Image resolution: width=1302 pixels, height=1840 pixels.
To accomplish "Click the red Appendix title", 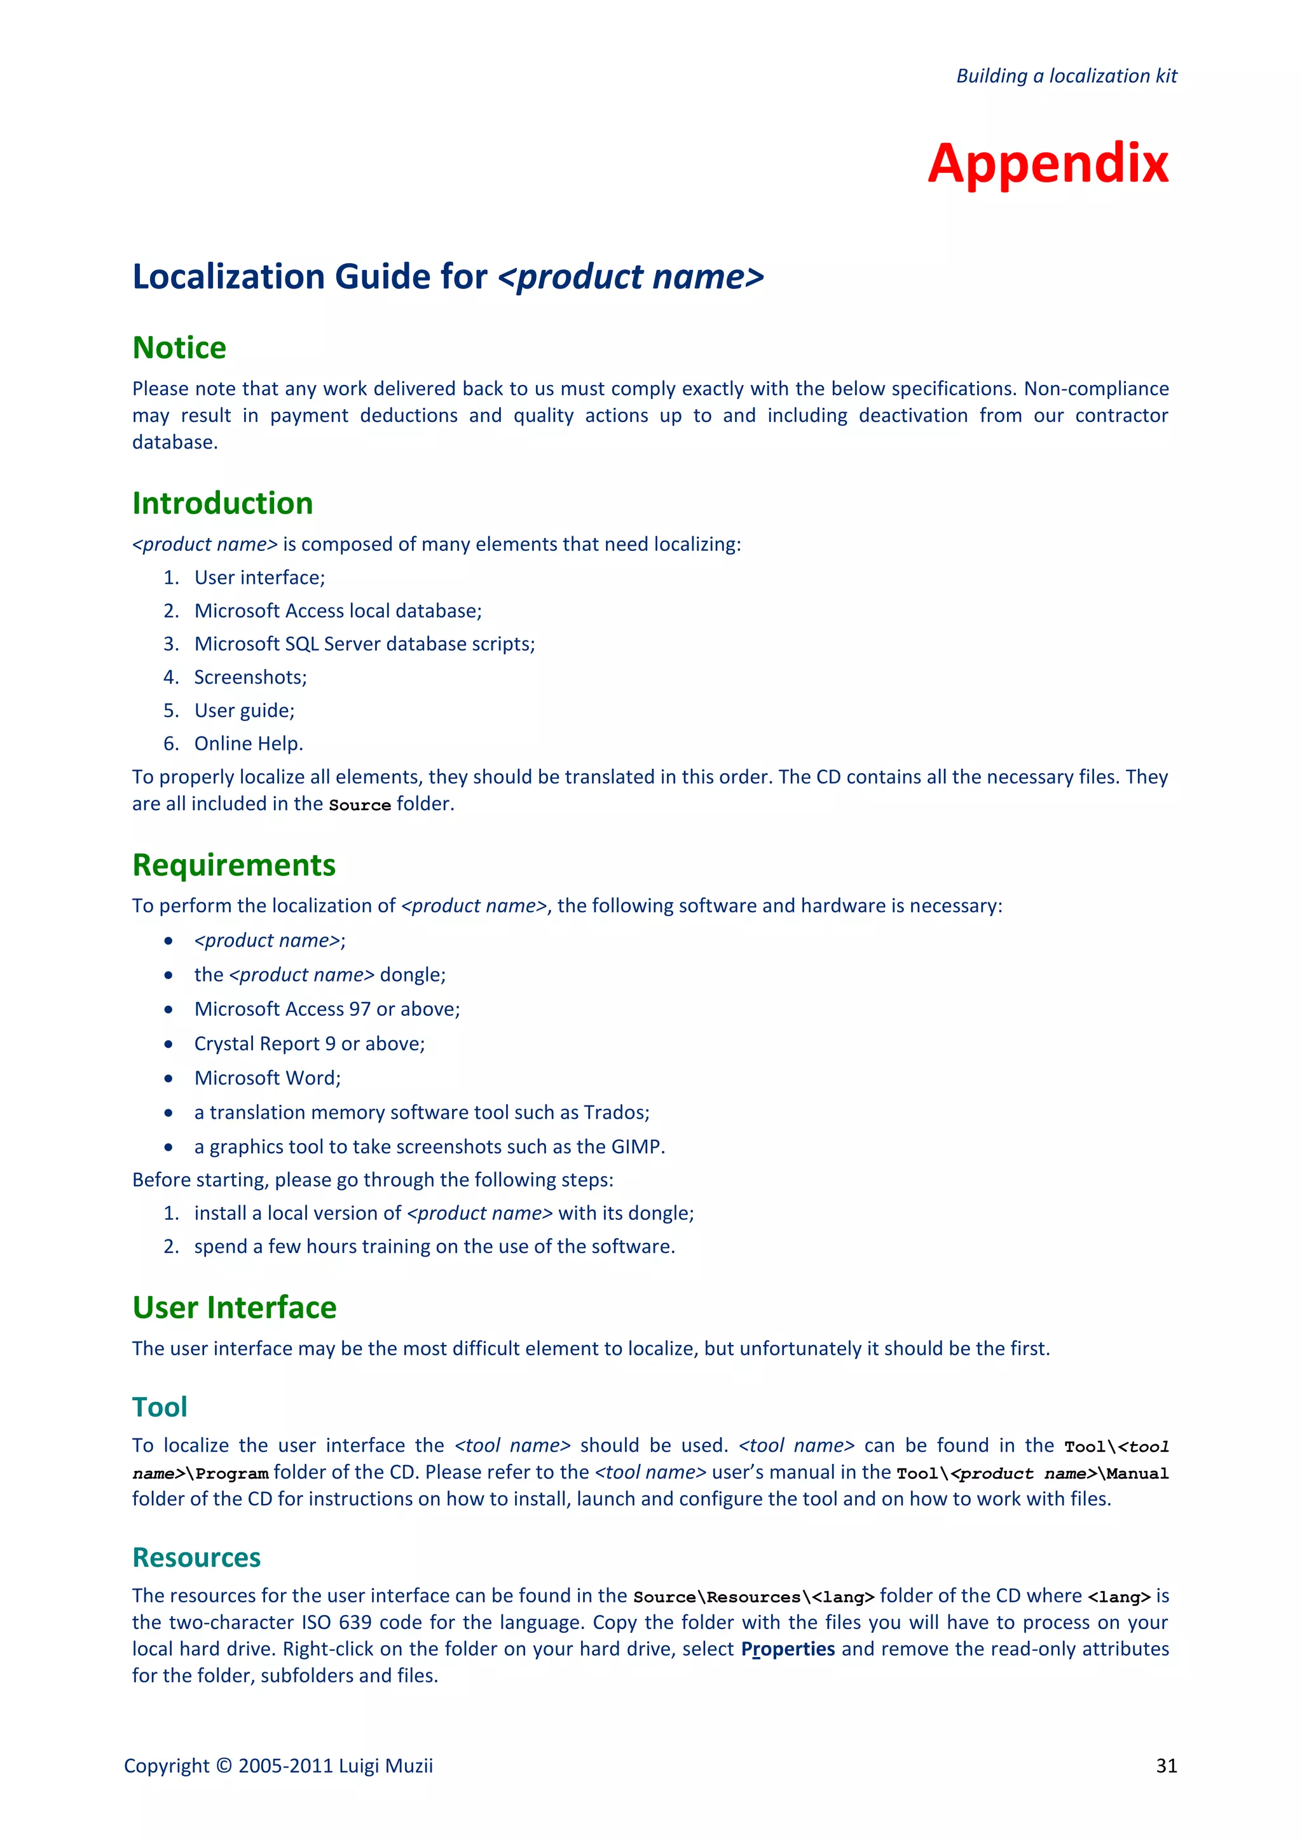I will [1048, 163].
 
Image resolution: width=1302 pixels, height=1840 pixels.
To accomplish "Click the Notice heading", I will [179, 348].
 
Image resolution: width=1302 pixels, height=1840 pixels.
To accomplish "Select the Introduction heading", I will [222, 503].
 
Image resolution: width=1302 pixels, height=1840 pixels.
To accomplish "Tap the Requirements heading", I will [233, 865].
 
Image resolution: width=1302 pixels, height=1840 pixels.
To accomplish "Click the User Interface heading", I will [234, 1308].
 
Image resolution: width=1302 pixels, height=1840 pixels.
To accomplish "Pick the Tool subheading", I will [160, 1407].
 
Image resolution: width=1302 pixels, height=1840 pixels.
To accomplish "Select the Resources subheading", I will [196, 1557].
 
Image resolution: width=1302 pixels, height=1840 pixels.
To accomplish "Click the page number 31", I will [1167, 1766].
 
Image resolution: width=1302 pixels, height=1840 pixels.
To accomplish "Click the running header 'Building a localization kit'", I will [1066, 76].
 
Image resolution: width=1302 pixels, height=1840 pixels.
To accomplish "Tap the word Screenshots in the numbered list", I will [249, 677].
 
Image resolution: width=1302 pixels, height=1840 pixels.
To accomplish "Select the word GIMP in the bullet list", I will [636, 1147].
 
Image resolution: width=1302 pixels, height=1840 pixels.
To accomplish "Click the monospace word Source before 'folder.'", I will [359, 804].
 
